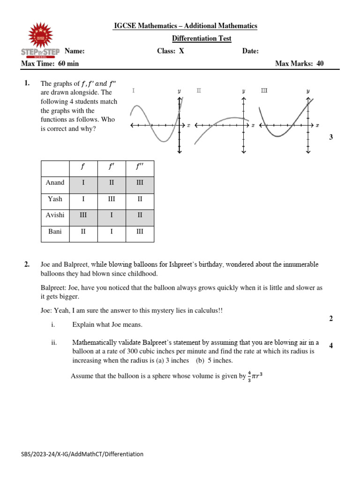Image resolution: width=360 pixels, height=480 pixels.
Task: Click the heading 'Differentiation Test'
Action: (x=202, y=38)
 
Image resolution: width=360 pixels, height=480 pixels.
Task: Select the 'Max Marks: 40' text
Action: (x=299, y=64)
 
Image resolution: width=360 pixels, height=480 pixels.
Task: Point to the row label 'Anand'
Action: (x=55, y=183)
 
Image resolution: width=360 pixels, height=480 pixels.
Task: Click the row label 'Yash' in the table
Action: (x=55, y=199)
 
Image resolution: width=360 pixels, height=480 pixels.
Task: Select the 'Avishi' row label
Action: (x=55, y=215)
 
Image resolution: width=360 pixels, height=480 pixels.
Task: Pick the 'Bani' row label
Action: (x=55, y=232)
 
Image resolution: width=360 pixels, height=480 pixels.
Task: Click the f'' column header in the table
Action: (x=140, y=166)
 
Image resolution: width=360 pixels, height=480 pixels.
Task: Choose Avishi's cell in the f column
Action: (x=83, y=215)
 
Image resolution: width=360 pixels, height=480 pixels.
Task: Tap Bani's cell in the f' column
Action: (x=111, y=232)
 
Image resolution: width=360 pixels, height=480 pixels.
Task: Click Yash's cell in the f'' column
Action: (x=140, y=199)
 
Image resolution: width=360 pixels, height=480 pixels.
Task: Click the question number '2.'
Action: (x=27, y=265)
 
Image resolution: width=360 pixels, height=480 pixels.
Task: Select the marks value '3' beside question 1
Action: (x=331, y=137)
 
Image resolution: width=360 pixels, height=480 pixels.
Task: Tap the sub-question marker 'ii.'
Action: (x=54, y=343)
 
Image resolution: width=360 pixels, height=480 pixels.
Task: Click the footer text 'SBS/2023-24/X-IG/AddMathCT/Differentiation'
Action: (x=82, y=454)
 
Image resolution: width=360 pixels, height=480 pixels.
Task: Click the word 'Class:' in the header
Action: (x=166, y=51)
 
